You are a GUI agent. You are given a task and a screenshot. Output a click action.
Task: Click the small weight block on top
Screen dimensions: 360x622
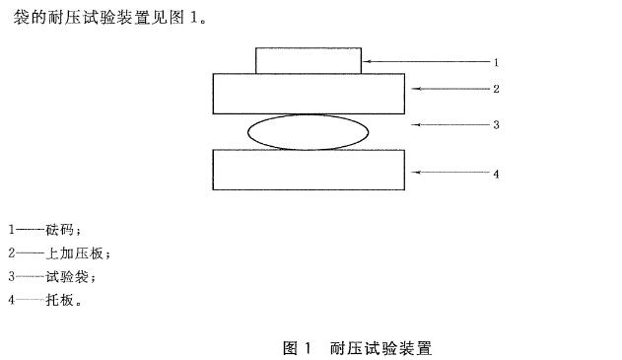pos(308,60)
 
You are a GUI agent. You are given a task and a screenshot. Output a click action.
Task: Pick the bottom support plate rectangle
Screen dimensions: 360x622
pos(309,169)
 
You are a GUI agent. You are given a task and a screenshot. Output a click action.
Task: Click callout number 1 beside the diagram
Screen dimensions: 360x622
pos(497,62)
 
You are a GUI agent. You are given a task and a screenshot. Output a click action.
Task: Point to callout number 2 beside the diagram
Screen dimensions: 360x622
pos(497,89)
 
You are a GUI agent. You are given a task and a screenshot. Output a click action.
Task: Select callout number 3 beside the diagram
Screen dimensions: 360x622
pos(497,125)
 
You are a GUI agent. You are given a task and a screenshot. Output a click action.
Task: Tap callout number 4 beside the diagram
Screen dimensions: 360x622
pos(497,174)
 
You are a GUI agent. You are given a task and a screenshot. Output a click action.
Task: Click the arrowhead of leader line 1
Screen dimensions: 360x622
pos(366,62)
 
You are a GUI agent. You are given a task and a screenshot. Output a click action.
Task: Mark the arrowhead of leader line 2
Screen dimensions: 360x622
pos(415,89)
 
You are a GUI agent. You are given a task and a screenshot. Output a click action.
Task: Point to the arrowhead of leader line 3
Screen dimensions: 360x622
pos(415,124)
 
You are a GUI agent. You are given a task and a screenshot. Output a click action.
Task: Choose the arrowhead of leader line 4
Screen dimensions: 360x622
pos(415,173)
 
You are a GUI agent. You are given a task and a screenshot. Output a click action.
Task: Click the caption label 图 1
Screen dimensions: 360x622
pos(297,348)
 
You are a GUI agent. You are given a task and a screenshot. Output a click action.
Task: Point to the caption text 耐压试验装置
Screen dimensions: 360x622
pos(381,348)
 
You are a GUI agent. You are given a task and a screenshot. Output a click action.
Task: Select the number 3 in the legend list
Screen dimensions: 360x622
pos(11,277)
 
